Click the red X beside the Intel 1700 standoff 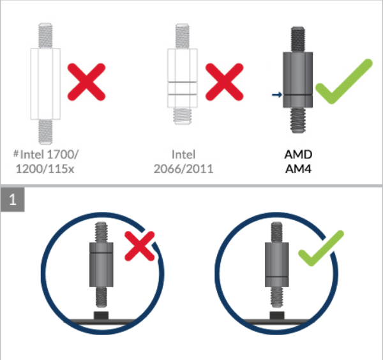86,82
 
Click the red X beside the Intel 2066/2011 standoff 225,82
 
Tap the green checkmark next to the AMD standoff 344,81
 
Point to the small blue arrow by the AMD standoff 277,94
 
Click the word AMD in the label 298,154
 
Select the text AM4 298,169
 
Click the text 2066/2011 183,169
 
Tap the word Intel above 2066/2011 183,154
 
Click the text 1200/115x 45,169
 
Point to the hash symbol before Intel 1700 16,154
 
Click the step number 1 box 13,200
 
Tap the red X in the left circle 139,246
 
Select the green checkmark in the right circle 321,248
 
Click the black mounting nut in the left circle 101,315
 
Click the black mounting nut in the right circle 277,315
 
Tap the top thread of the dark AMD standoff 297,40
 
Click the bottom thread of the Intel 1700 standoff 45,132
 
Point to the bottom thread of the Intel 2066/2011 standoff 182,116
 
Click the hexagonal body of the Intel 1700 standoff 45,84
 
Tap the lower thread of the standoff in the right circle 277,297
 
